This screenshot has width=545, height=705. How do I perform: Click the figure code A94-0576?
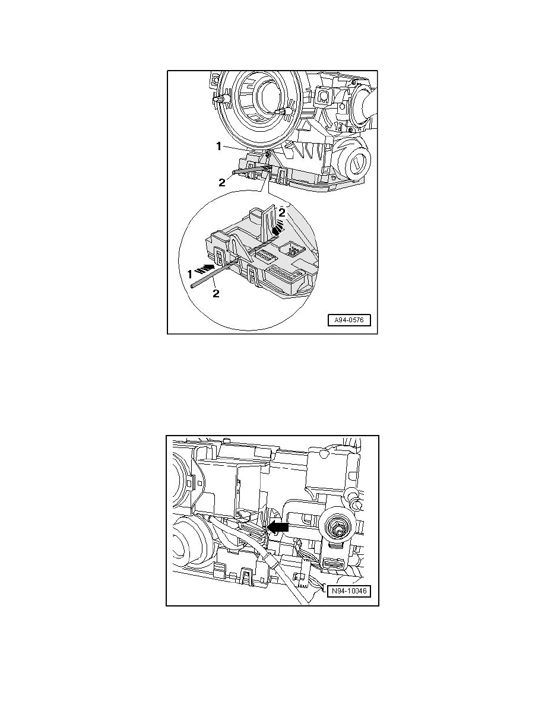click(x=349, y=320)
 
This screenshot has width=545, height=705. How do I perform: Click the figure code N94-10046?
click(x=349, y=591)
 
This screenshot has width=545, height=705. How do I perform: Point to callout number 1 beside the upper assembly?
click(x=218, y=146)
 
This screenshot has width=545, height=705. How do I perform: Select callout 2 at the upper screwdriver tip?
click(x=221, y=182)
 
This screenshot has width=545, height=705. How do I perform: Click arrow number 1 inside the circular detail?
click(x=190, y=274)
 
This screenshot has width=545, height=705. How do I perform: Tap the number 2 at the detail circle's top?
click(x=283, y=212)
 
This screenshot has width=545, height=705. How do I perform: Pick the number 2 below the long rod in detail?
click(x=216, y=294)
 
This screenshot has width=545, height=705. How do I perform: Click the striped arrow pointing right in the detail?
click(x=204, y=268)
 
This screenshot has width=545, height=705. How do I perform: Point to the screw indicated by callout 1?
click(x=268, y=155)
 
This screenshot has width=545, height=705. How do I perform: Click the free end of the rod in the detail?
click(x=192, y=285)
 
